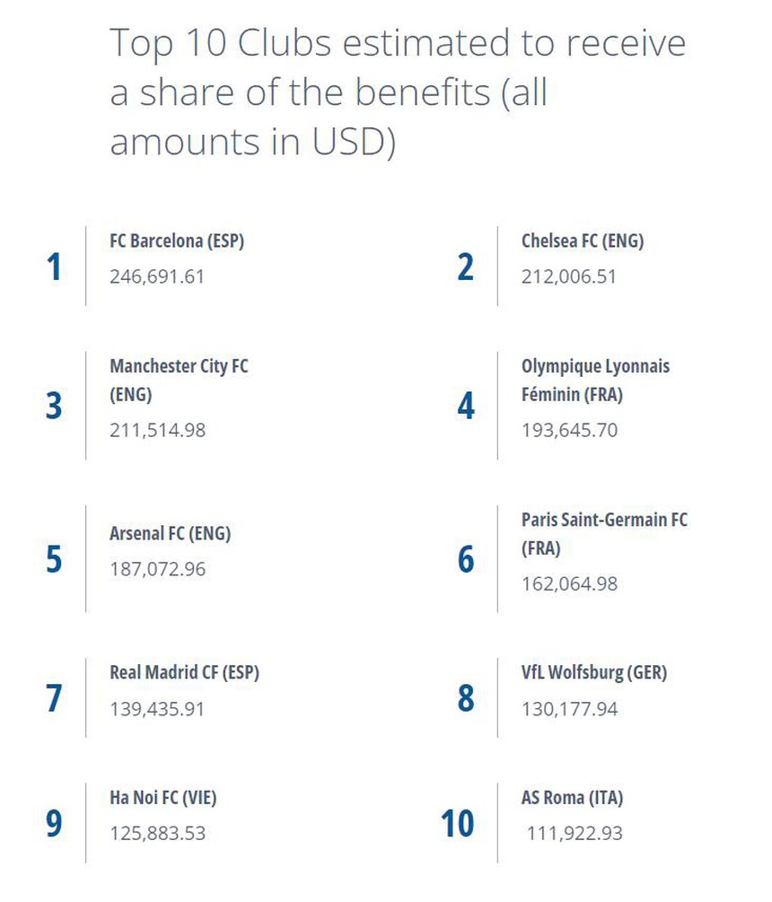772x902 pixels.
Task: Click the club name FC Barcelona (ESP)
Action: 177,241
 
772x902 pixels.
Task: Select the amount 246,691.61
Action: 157,276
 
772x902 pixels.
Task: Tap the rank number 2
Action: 465,267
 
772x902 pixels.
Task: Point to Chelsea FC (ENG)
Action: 583,241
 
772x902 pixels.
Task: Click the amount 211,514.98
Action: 157,430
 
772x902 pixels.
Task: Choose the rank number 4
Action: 465,407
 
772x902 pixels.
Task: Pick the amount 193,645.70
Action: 569,430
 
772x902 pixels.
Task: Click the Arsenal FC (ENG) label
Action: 171,534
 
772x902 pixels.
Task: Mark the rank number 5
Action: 54,559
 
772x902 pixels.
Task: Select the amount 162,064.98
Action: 569,584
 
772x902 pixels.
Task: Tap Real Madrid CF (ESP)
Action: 184,672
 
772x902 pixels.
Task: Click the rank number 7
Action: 54,699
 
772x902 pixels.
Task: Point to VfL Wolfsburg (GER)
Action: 594,672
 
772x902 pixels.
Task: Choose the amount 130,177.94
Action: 569,709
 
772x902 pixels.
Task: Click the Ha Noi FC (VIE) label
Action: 163,797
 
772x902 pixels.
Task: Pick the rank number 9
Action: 54,824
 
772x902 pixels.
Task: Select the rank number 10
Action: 458,824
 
